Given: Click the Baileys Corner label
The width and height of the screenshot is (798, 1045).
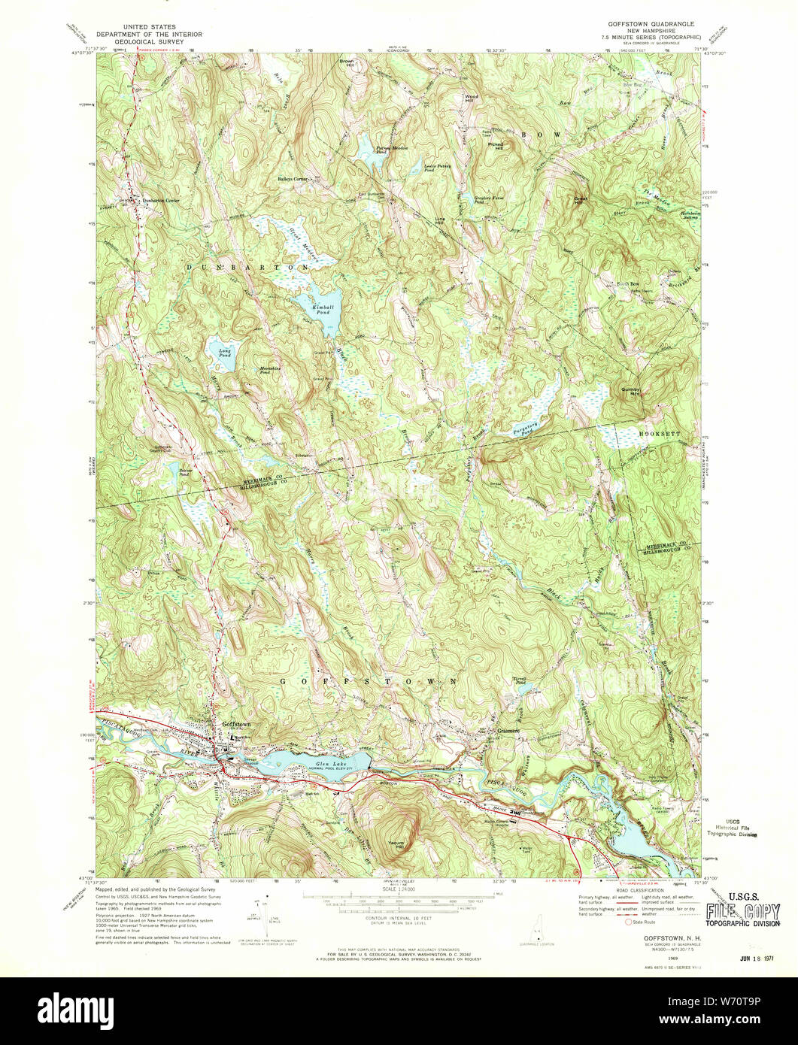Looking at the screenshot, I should coord(293,179).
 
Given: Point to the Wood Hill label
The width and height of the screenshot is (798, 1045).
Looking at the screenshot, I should coord(472,98).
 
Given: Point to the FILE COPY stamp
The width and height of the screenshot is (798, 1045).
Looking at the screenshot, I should coord(742,912).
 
